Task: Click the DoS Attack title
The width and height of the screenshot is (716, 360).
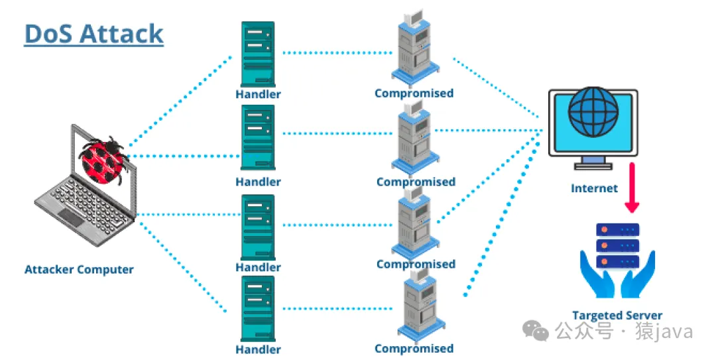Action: pos(93,33)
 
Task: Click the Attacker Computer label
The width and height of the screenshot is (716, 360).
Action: pos(79,270)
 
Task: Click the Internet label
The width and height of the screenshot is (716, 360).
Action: pos(594,188)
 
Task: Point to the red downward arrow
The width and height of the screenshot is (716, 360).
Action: pos(632,188)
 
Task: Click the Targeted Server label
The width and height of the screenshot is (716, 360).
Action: pos(617,316)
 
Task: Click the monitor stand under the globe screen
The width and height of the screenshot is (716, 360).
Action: pos(593,161)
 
